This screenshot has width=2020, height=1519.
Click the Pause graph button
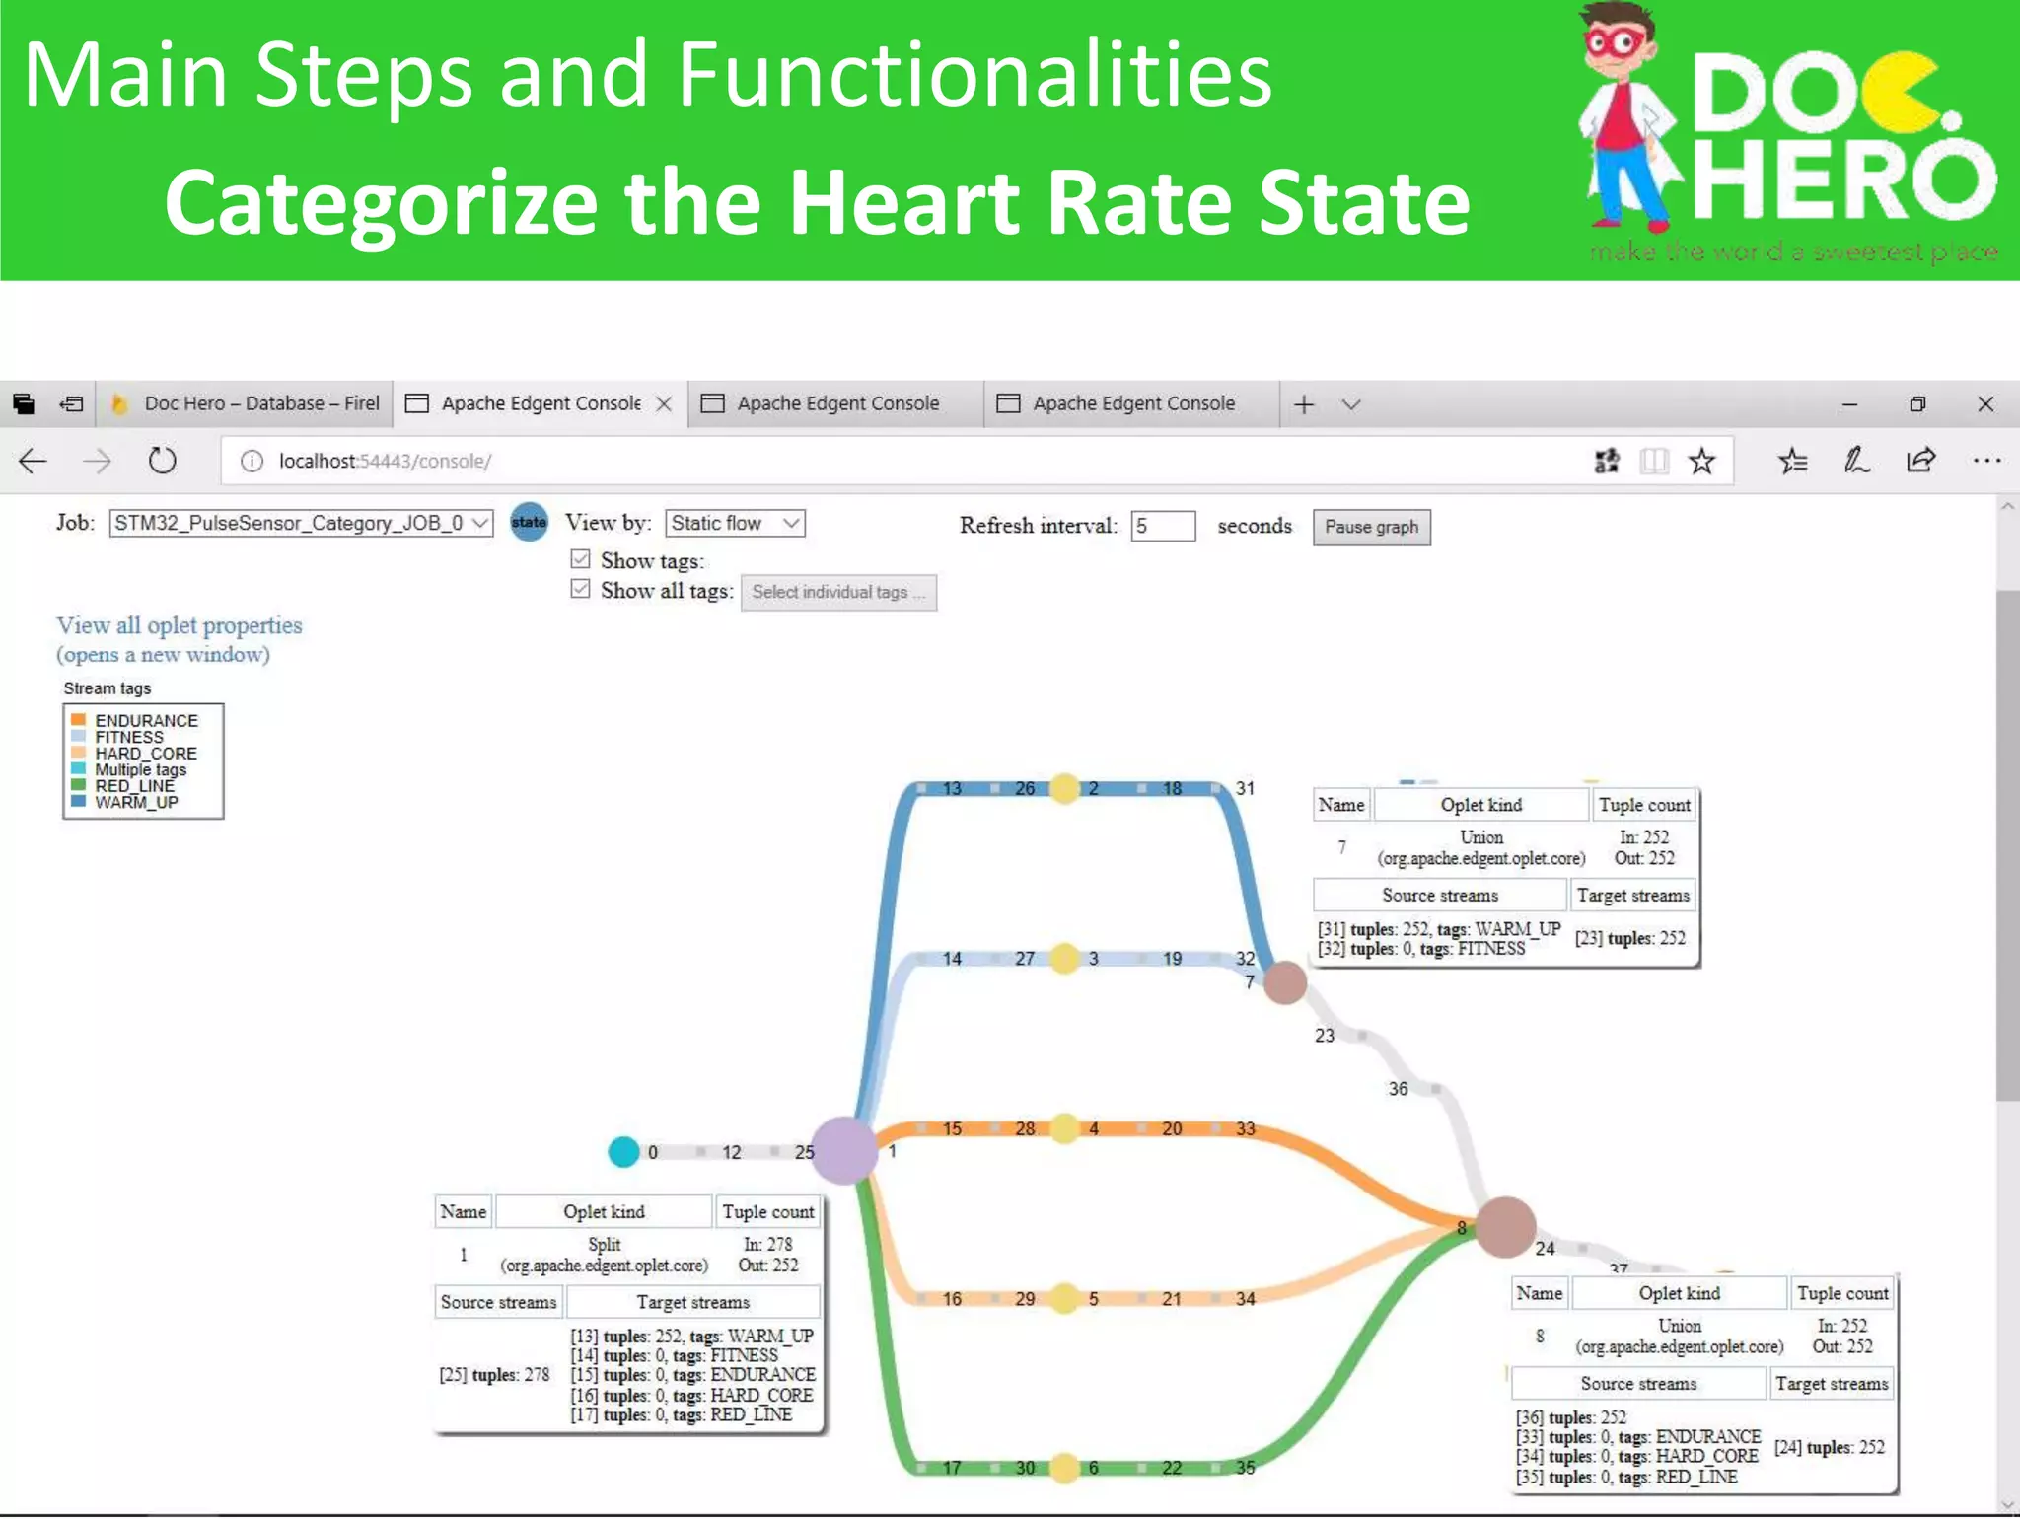coord(1371,527)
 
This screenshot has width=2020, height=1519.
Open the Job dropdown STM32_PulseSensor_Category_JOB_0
coord(300,523)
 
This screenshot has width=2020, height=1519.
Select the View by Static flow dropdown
coord(735,523)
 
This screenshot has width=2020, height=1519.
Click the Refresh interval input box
coord(1163,526)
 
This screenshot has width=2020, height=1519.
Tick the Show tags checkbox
coord(580,559)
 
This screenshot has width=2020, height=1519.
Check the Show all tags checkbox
coord(580,589)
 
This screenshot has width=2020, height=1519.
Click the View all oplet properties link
coord(179,625)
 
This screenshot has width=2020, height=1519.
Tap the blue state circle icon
coord(529,522)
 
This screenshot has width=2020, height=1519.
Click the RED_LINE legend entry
coord(134,786)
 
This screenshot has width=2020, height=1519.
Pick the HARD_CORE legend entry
coord(145,754)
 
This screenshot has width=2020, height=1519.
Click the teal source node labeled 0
coord(623,1151)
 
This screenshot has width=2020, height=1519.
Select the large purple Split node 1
coord(843,1150)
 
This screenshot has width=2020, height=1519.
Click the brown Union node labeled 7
coord(1285,983)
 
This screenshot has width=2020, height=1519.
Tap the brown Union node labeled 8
coord(1504,1227)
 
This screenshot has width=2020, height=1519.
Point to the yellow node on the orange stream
coord(1064,1128)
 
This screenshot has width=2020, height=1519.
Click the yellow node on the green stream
coord(1064,1468)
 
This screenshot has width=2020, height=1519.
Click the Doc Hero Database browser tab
coord(247,403)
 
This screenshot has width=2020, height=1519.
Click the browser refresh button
coord(162,461)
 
